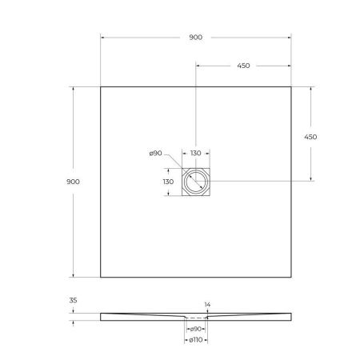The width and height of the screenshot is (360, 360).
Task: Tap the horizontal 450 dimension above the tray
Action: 243,66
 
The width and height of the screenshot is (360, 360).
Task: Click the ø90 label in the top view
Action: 156,154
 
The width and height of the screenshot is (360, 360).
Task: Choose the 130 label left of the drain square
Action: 169,182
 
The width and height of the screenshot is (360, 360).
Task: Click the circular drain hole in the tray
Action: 195,182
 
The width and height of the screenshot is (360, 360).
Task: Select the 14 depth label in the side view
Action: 207,305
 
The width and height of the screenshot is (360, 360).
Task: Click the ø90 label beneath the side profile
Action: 194,329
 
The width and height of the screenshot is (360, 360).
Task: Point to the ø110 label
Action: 194,342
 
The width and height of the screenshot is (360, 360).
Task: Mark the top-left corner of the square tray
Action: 101,87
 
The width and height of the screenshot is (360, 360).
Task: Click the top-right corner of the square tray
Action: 291,87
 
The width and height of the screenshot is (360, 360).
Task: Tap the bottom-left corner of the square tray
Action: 101,278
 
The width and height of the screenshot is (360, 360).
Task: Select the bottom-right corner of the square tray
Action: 291,278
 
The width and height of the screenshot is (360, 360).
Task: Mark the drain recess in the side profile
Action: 195,318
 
